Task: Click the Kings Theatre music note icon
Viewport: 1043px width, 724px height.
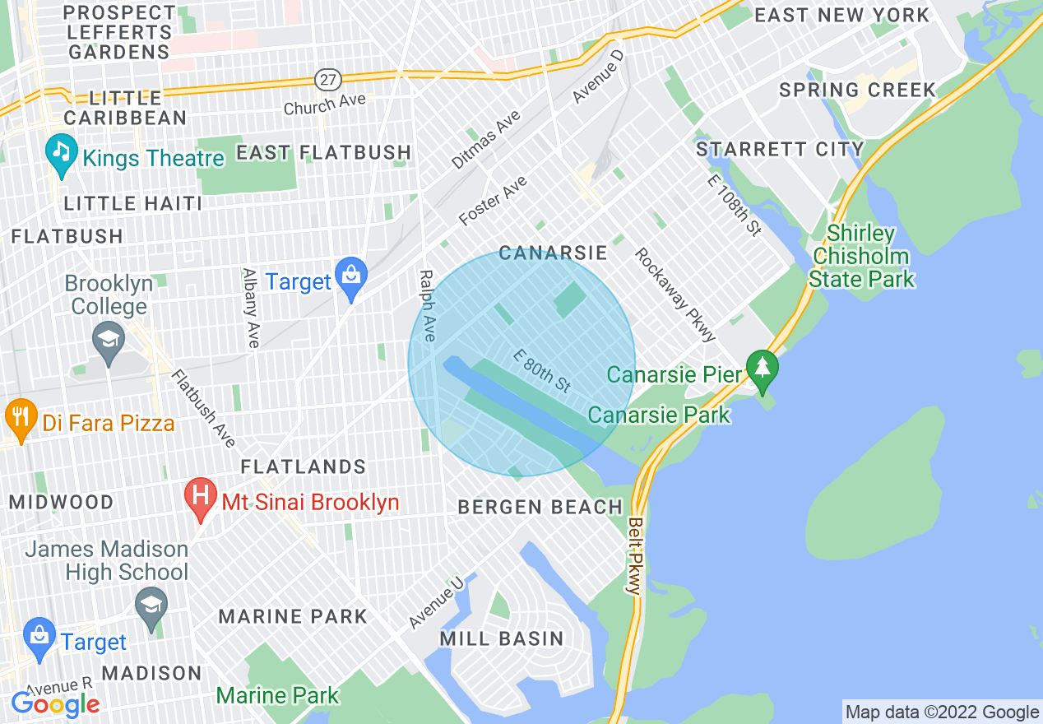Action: point(62,152)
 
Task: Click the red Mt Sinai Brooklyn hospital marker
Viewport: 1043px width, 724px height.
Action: point(200,496)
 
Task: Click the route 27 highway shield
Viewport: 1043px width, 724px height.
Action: point(327,80)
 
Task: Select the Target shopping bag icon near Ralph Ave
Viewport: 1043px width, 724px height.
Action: point(352,278)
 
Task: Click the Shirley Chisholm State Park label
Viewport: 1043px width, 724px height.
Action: point(861,257)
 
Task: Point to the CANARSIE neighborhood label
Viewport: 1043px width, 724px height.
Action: point(553,253)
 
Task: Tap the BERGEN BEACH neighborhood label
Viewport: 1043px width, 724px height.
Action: point(540,507)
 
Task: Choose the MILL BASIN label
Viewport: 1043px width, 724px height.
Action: point(502,638)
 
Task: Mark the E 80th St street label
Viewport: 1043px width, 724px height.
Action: point(542,369)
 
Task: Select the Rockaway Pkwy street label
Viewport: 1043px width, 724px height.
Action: point(675,294)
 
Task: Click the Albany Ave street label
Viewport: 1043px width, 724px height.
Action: point(251,308)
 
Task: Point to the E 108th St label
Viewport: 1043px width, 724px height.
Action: point(734,205)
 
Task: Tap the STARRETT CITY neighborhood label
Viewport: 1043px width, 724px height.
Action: point(780,149)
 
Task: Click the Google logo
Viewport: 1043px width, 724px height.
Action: point(55,704)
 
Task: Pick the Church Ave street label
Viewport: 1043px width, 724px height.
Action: point(324,104)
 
